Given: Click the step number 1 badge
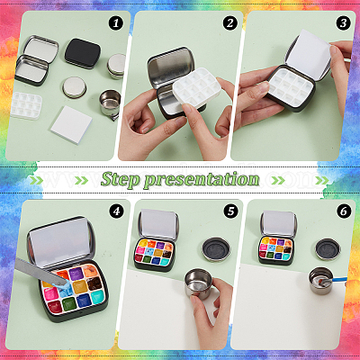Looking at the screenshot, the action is pyautogui.click(x=116, y=23).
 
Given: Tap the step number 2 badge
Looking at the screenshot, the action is pyautogui.click(x=229, y=23).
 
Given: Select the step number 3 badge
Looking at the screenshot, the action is pyautogui.click(x=343, y=23).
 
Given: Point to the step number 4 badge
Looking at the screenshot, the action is pyautogui.click(x=116, y=211).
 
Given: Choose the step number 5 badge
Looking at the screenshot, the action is pyautogui.click(x=230, y=211).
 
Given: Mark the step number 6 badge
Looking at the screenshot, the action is pyautogui.click(x=344, y=211).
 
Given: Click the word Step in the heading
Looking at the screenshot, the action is pyautogui.click(x=121, y=180).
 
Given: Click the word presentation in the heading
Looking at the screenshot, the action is pyautogui.click(x=202, y=180).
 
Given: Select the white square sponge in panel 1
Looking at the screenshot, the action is pyautogui.click(x=71, y=124).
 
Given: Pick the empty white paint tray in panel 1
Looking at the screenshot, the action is pyautogui.click(x=26, y=105).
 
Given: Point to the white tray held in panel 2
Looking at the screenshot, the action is pyautogui.click(x=196, y=88).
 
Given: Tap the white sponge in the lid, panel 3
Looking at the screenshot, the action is pyautogui.click(x=309, y=54).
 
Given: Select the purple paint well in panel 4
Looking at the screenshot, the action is pyautogui.click(x=76, y=274).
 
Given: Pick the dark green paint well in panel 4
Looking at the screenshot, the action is pyautogui.click(x=69, y=304).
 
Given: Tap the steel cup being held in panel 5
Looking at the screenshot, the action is pyautogui.click(x=198, y=283).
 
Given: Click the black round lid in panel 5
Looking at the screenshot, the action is pyautogui.click(x=216, y=249).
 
